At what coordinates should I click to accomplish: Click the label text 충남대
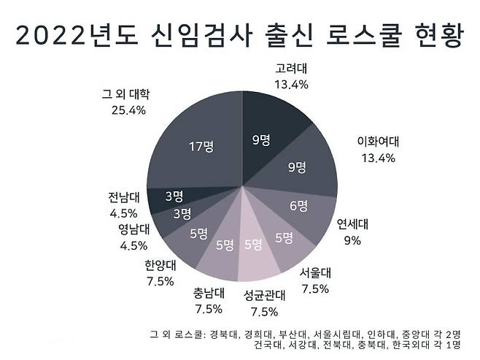click(x=209, y=294)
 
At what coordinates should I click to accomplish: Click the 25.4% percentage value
click(x=126, y=110)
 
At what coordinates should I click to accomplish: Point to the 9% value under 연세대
click(x=352, y=240)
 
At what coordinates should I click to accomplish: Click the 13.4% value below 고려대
click(x=291, y=85)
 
